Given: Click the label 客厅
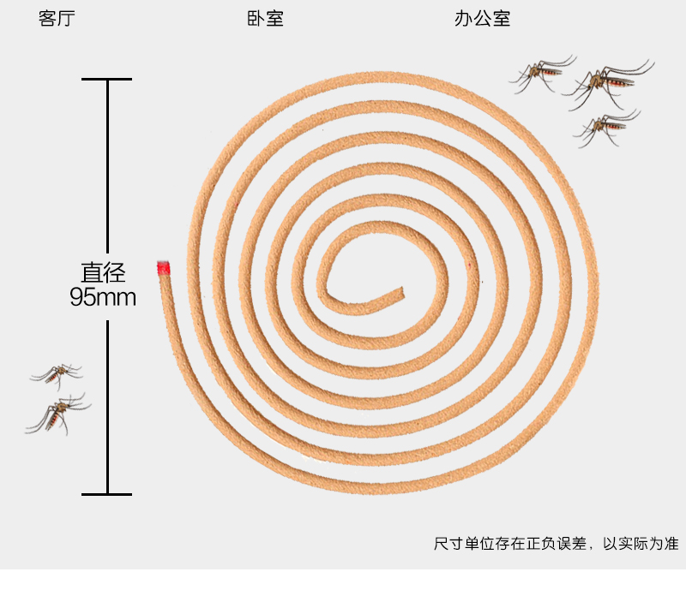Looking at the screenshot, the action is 57,19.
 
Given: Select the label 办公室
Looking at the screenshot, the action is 482,19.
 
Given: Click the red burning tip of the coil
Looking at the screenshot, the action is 163,269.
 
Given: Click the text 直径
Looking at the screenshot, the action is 104,273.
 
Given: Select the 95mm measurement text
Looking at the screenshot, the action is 104,297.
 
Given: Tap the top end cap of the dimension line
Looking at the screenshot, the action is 107,80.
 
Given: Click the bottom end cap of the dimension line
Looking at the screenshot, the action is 107,494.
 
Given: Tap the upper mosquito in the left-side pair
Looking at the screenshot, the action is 57,373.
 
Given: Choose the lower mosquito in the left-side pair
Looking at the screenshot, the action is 58,414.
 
